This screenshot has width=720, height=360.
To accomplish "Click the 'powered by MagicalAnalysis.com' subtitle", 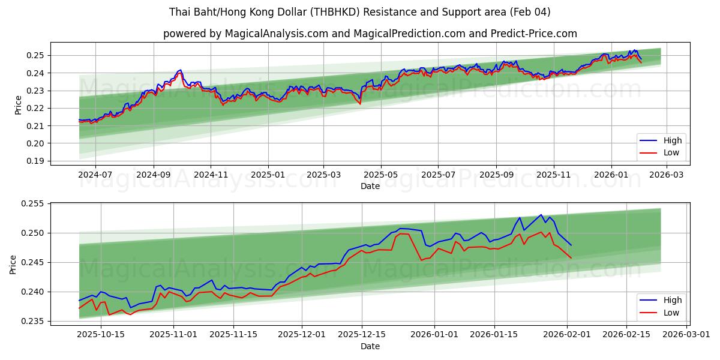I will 370,34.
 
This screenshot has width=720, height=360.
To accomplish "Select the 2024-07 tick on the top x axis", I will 95,175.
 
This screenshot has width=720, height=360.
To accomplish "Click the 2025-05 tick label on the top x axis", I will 380,175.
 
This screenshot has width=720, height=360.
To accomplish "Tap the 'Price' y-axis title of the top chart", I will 18,104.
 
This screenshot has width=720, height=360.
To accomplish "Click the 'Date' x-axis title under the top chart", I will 370,186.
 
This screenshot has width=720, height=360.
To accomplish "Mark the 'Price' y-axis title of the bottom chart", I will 13,264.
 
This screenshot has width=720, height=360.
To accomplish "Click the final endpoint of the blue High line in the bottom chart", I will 571,245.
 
